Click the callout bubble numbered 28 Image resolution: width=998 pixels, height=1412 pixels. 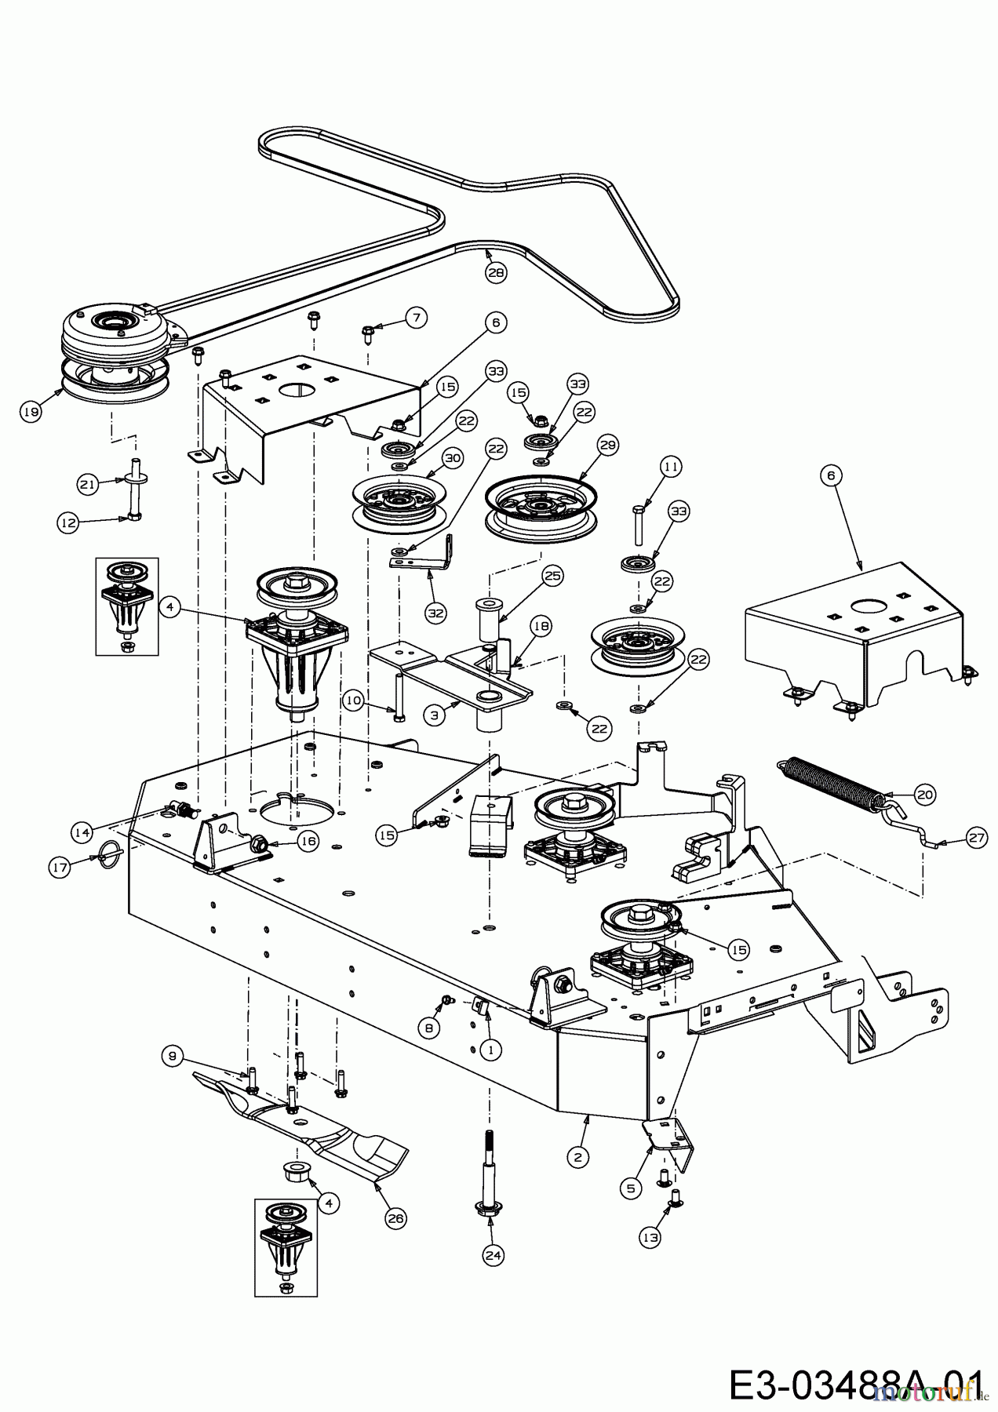tap(496, 272)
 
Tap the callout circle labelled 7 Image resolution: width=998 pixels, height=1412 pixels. tap(417, 318)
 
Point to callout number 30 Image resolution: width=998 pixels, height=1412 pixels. tap(453, 457)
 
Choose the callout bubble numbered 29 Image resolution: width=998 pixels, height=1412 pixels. tap(608, 445)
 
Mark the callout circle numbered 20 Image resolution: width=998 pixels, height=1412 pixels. tap(925, 794)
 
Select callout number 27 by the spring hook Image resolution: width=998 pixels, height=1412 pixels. tap(976, 839)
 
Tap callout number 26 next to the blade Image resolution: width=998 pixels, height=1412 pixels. tap(395, 1217)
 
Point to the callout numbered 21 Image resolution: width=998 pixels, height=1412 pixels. tap(87, 485)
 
